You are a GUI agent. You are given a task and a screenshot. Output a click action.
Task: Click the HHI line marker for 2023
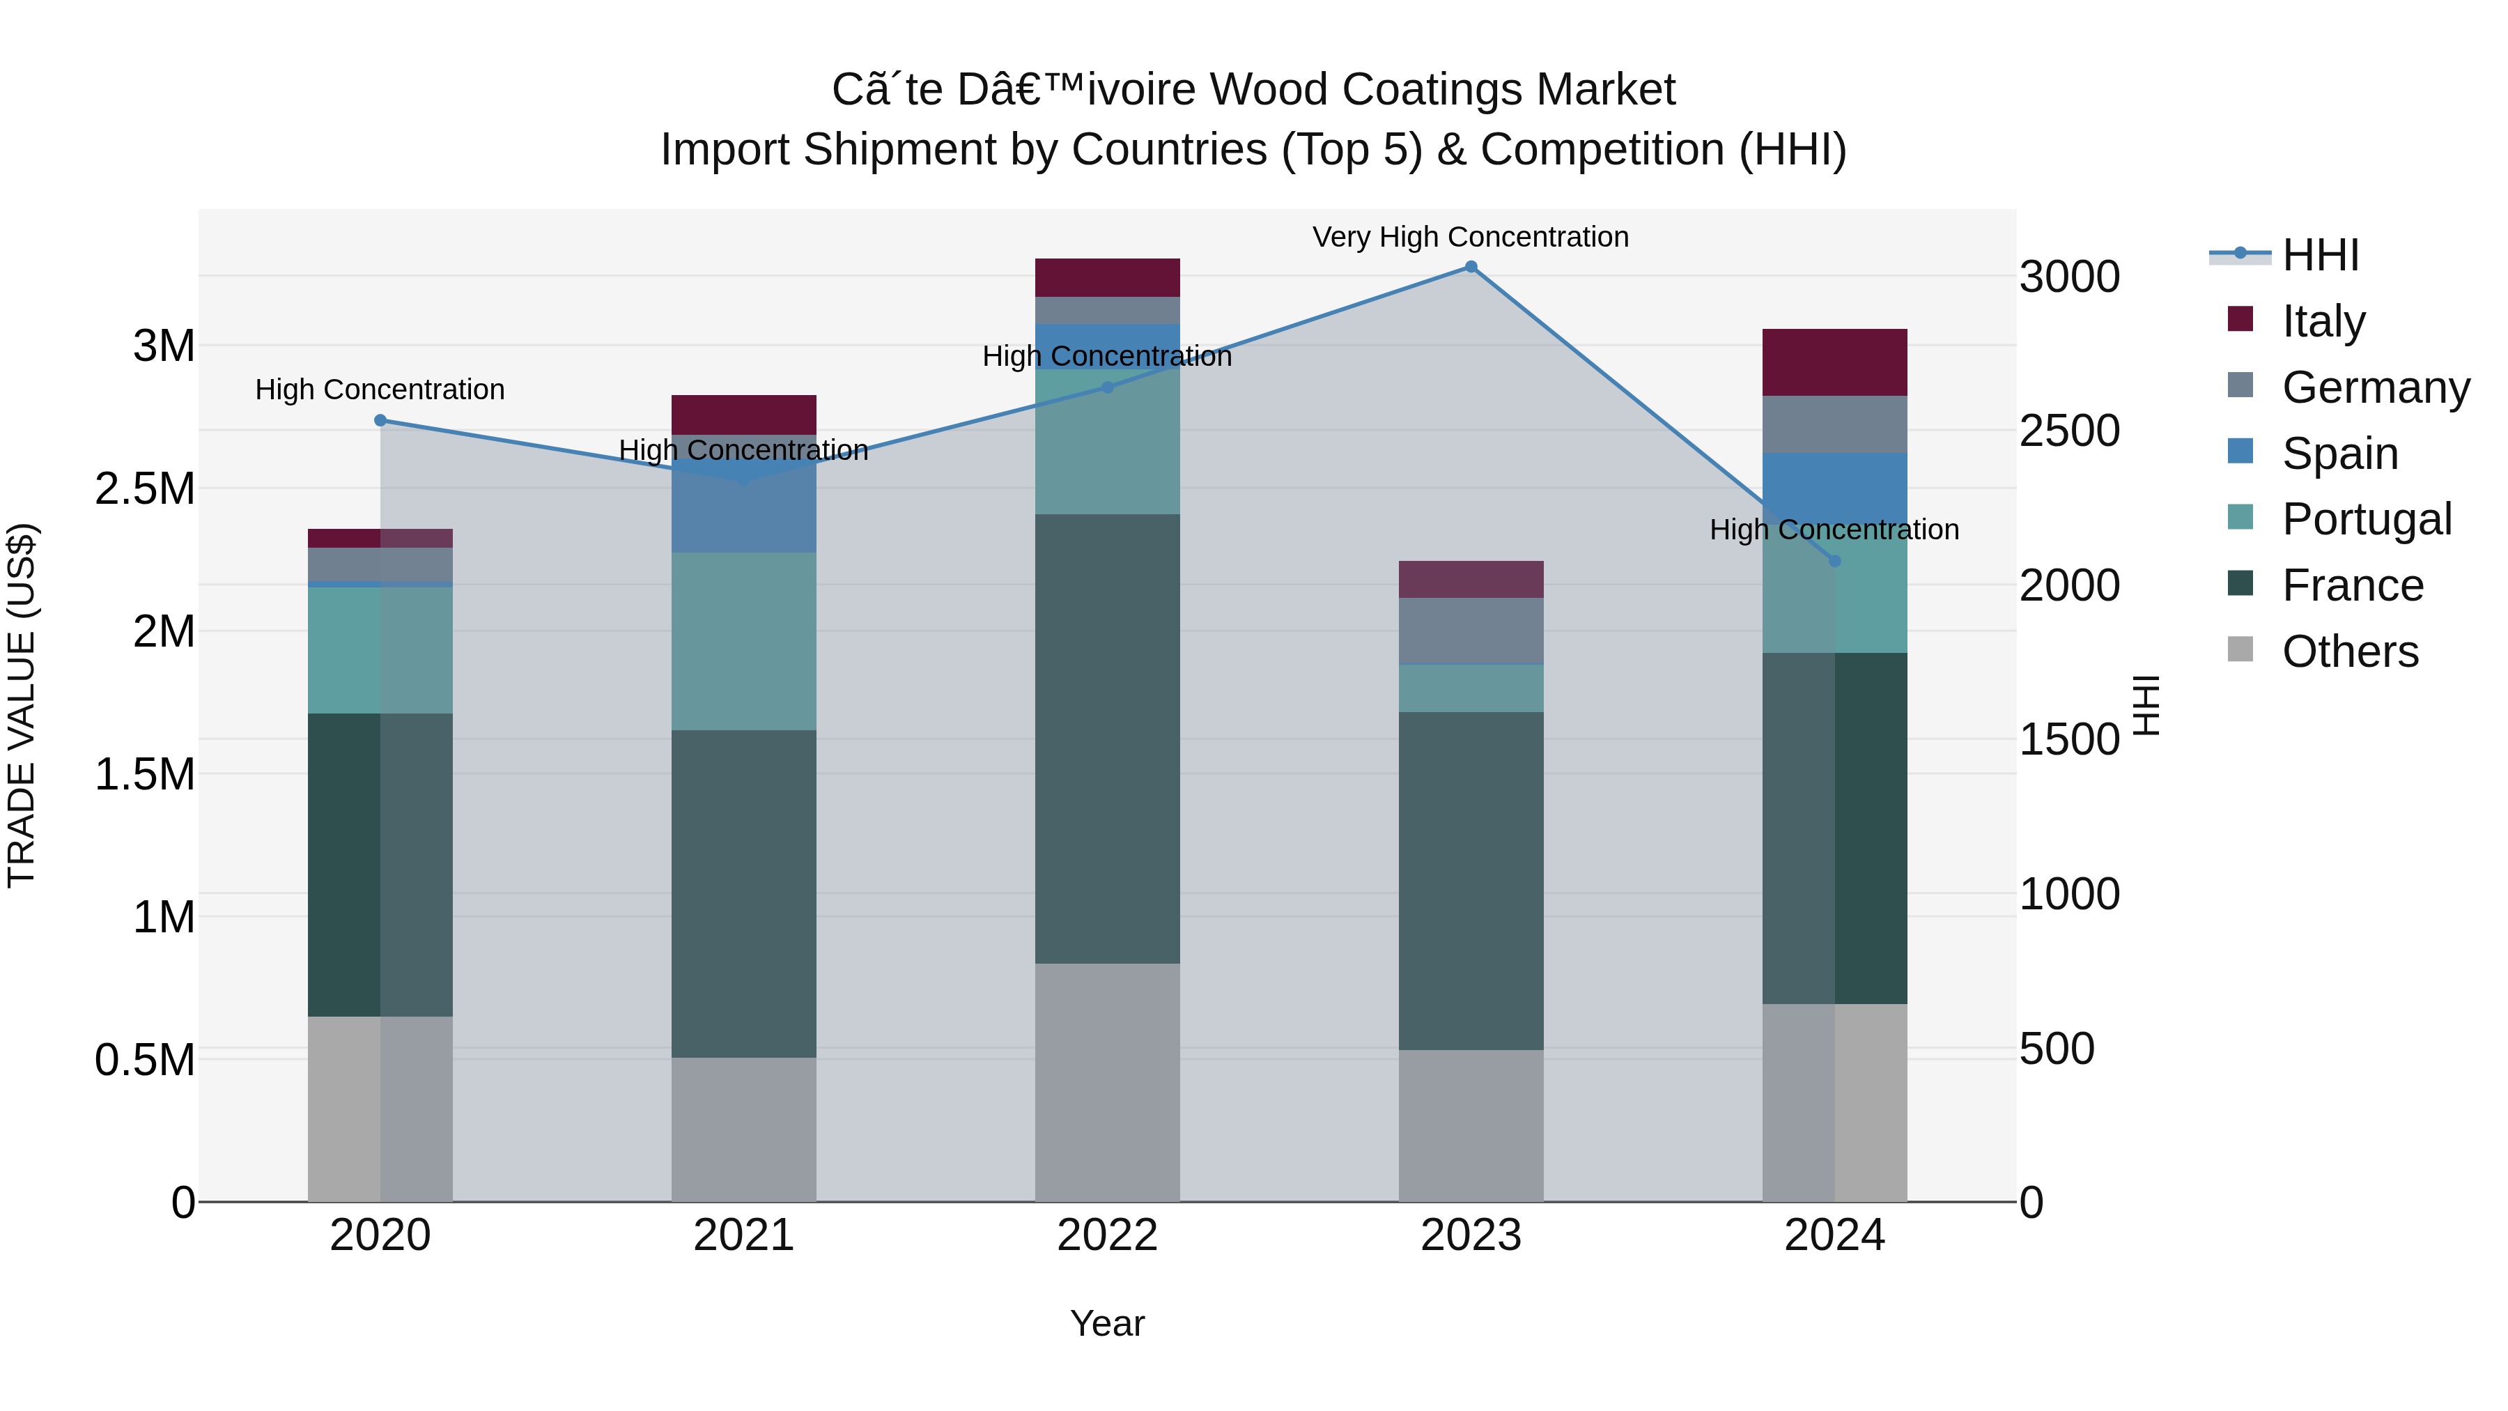(x=1471, y=267)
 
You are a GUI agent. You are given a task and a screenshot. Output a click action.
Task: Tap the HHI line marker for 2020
(x=380, y=421)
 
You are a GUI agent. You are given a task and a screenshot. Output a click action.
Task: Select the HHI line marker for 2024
(x=1835, y=561)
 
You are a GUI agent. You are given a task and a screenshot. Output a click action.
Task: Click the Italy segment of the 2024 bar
(x=1835, y=362)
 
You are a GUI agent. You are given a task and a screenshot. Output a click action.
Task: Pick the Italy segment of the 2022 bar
(x=1107, y=277)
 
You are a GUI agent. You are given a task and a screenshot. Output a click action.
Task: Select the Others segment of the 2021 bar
(x=744, y=1129)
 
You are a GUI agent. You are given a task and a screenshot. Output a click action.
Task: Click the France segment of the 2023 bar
(x=1471, y=881)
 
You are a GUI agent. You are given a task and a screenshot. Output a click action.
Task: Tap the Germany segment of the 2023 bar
(x=1471, y=631)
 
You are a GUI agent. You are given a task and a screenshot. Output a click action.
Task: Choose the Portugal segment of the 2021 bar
(x=744, y=642)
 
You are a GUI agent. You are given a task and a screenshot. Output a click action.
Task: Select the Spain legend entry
(x=2339, y=454)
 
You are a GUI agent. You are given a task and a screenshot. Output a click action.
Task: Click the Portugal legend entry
(x=2366, y=519)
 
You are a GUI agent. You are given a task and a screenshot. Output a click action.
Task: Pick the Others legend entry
(x=2349, y=651)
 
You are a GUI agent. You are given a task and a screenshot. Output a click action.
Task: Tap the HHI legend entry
(x=2320, y=255)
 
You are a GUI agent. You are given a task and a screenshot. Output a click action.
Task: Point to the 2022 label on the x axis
(x=1107, y=1235)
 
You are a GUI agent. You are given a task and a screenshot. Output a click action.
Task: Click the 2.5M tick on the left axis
(x=145, y=489)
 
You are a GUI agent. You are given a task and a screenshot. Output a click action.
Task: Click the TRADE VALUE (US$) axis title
(x=22, y=705)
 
